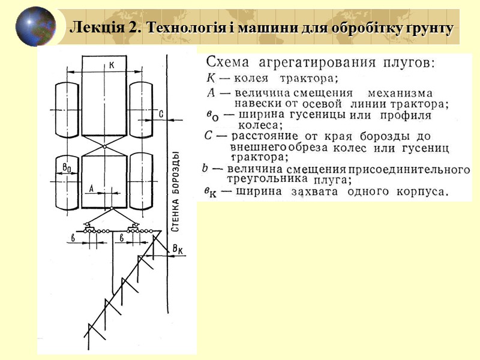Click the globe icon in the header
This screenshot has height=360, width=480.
click(x=35, y=26)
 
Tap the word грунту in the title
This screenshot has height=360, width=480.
click(x=431, y=28)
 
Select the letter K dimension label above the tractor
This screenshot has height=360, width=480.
click(x=112, y=65)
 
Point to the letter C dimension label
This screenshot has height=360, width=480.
click(x=160, y=113)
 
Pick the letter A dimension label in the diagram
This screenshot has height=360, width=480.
click(x=91, y=188)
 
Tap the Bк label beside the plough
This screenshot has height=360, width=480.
click(x=178, y=248)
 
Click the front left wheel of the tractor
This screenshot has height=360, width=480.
click(x=68, y=109)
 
